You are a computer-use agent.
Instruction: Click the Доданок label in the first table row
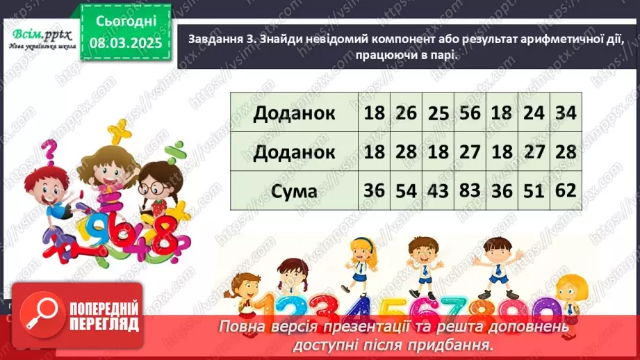(x=294, y=113)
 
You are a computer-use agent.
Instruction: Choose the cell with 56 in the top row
(x=470, y=113)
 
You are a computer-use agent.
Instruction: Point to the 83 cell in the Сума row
(x=470, y=190)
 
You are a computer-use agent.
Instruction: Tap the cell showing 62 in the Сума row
(x=566, y=190)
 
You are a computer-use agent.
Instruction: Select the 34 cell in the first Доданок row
(x=566, y=113)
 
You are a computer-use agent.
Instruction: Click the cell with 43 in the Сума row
(x=438, y=190)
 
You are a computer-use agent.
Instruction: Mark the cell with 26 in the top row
(x=406, y=113)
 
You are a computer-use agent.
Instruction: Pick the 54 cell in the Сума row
(x=406, y=190)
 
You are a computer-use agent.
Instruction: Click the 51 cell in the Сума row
(x=534, y=190)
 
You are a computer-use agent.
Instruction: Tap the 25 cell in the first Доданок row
(x=438, y=113)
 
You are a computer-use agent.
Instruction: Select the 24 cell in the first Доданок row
(x=534, y=113)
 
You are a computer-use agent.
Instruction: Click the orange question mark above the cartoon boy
(x=49, y=149)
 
